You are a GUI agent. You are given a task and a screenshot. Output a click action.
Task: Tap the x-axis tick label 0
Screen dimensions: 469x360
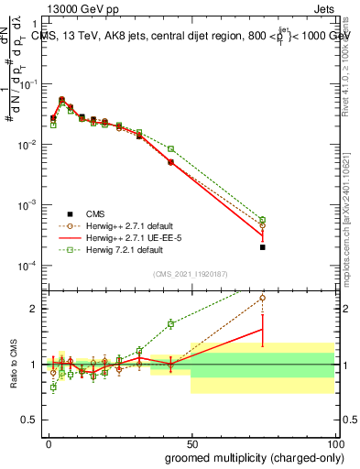click(48, 443)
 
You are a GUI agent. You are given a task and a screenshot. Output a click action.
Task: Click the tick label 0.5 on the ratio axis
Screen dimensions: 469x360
click(30, 420)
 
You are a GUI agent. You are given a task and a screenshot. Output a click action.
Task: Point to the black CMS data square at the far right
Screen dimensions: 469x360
click(262, 247)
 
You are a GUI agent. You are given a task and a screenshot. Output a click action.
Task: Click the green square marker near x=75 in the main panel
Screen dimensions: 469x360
click(262, 220)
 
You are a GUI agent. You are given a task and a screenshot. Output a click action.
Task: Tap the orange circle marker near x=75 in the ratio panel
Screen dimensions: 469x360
click(262, 297)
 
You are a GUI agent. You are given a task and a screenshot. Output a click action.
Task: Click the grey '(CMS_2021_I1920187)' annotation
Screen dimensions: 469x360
click(191, 273)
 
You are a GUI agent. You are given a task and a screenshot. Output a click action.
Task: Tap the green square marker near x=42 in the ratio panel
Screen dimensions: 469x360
click(170, 323)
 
